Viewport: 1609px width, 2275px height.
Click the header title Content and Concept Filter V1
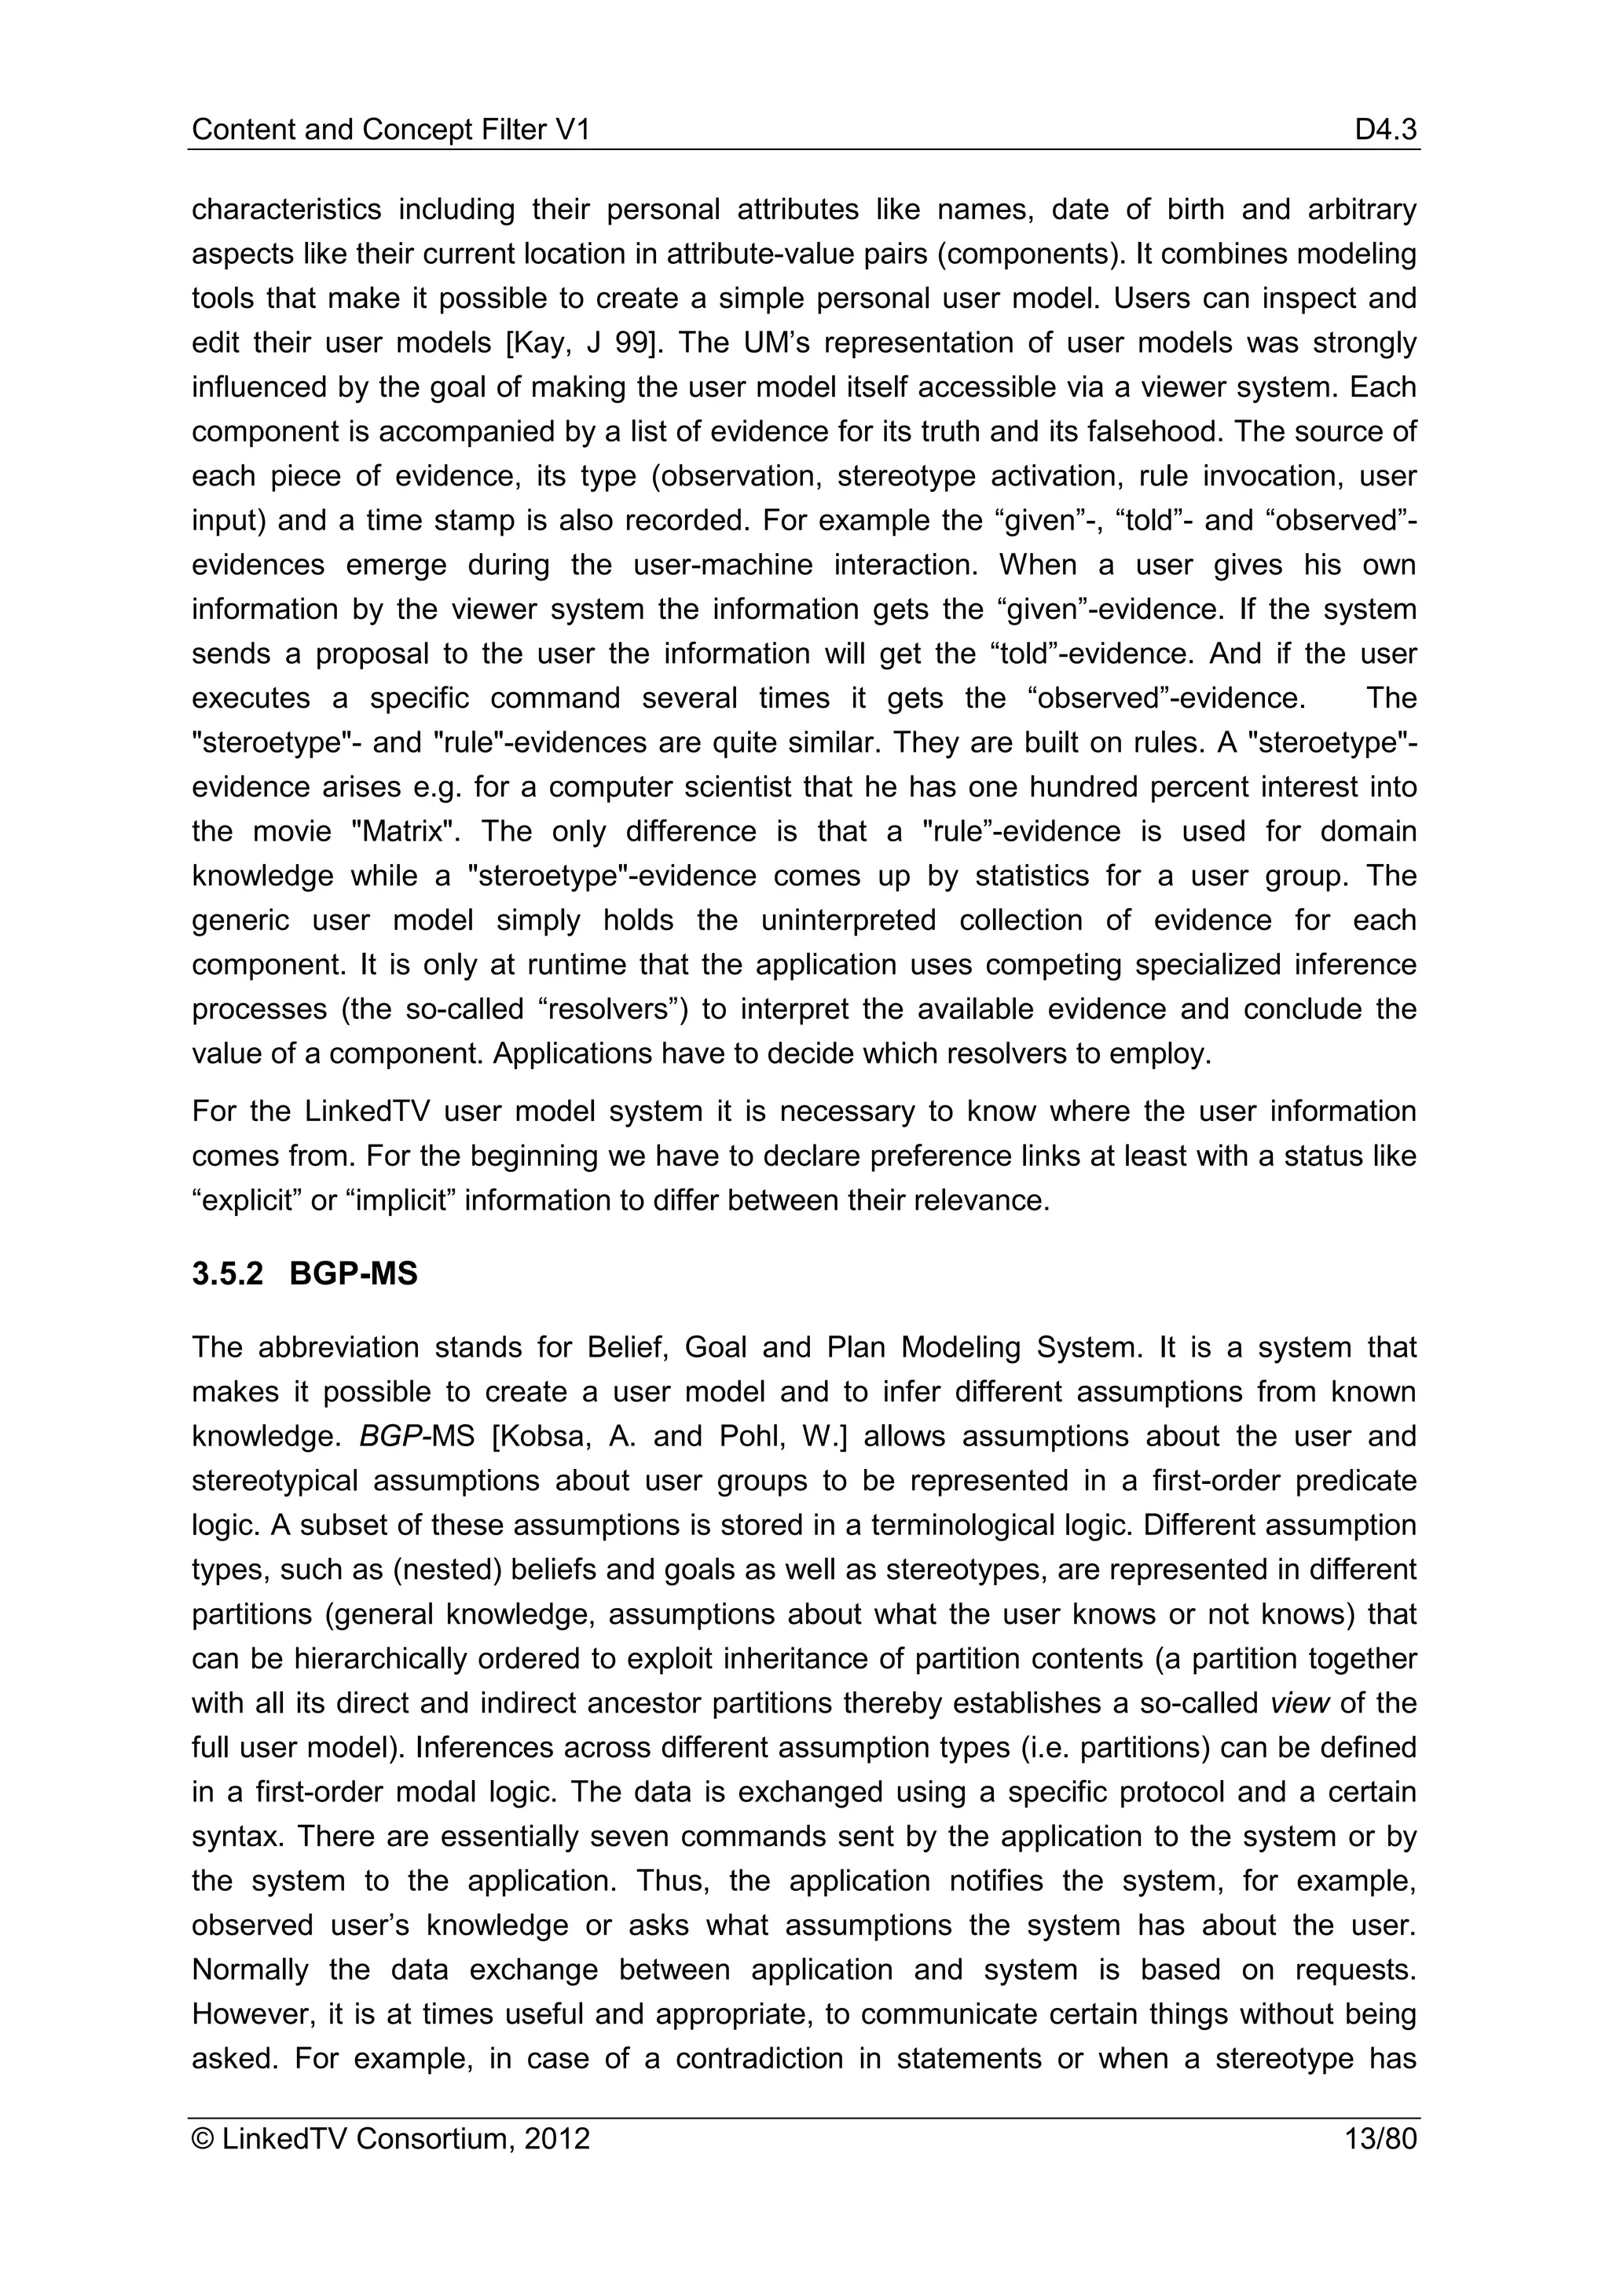pos(390,130)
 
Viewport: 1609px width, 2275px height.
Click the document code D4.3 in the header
pos(1385,130)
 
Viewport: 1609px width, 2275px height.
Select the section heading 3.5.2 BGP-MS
pos(304,1273)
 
